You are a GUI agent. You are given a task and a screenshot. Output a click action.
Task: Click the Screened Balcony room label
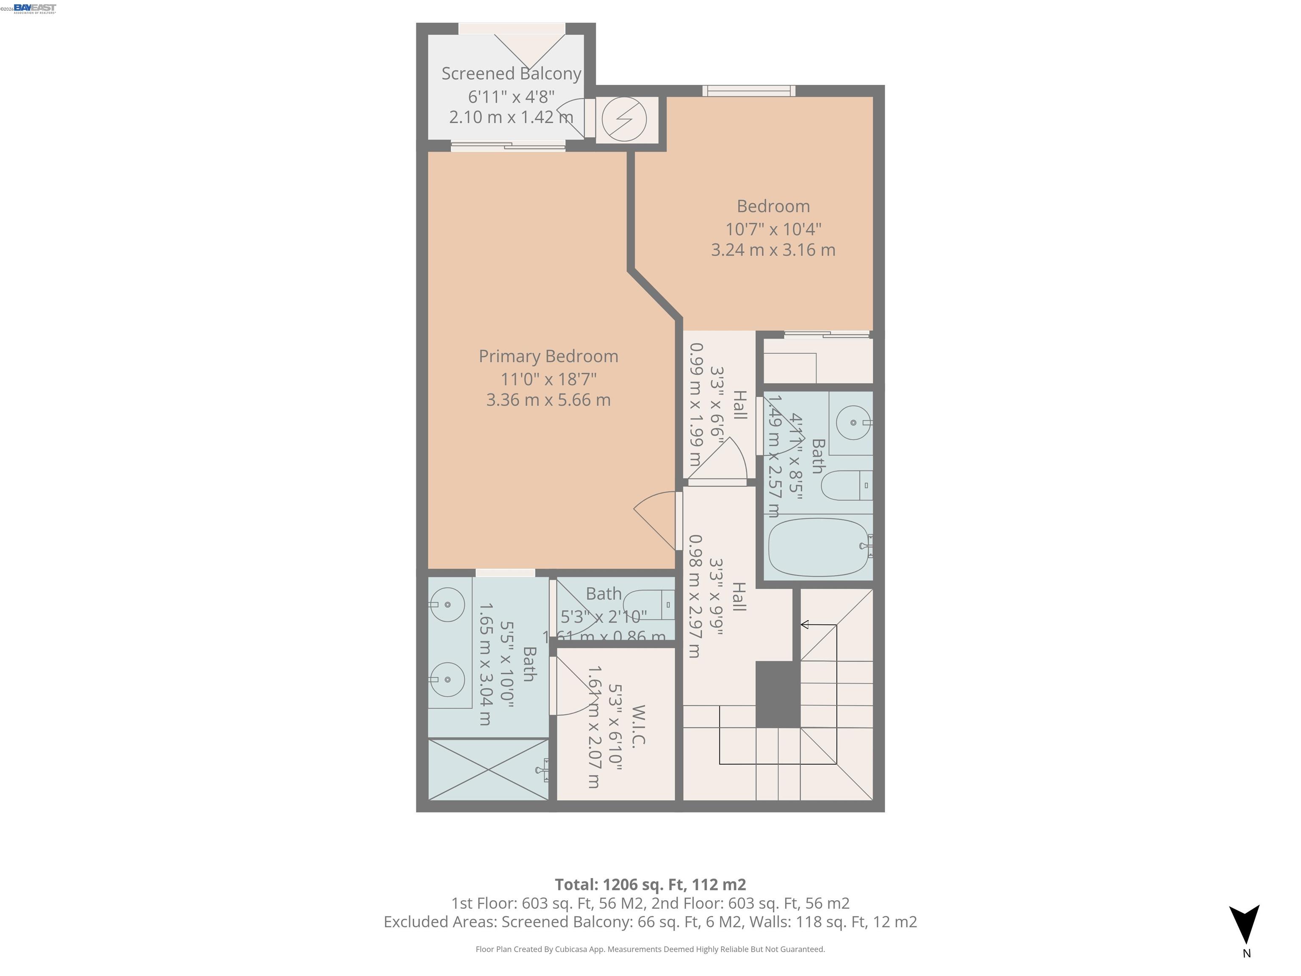[x=511, y=74]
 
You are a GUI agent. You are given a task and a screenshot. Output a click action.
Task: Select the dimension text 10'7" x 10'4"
[x=773, y=229]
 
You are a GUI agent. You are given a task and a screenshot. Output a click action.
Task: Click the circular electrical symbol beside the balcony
[x=624, y=119]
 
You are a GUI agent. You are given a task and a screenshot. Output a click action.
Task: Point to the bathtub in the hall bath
[x=819, y=548]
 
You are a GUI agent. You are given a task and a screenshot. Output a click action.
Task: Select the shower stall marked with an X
[x=488, y=770]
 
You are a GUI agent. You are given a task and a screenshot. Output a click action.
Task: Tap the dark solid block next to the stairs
[x=777, y=694]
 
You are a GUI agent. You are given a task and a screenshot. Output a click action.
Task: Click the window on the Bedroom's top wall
[x=749, y=91]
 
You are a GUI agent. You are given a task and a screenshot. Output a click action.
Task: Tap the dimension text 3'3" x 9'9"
[x=716, y=596]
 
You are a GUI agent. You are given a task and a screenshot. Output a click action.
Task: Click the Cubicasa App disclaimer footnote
[x=650, y=949]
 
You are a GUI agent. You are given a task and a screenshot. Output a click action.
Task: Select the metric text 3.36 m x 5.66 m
[x=548, y=400]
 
